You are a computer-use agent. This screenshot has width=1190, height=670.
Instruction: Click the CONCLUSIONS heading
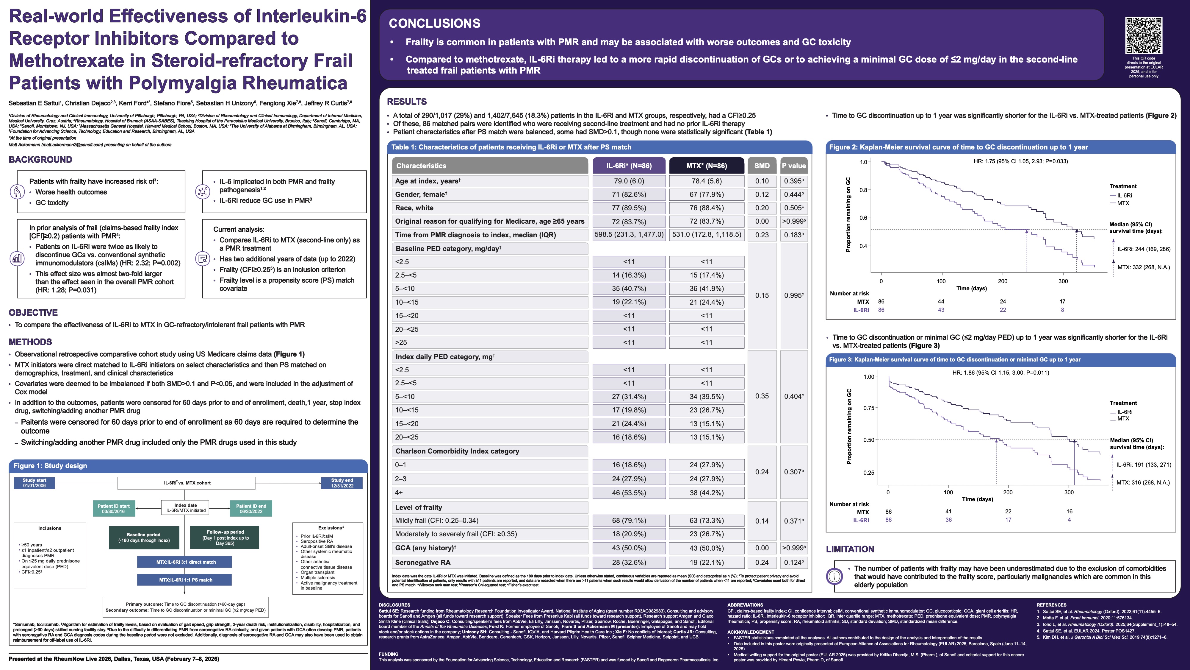pyautogui.click(x=434, y=23)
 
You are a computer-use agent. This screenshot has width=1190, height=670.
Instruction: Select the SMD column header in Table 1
pyautogui.click(x=762, y=166)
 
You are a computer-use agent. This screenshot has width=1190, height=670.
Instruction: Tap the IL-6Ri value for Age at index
pyautogui.click(x=629, y=181)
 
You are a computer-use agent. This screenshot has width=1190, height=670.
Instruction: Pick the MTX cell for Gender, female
pyautogui.click(x=706, y=194)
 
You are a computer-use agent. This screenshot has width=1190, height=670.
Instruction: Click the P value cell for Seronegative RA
pyautogui.click(x=794, y=562)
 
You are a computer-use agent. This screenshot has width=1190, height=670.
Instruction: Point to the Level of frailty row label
pyautogui.click(x=419, y=507)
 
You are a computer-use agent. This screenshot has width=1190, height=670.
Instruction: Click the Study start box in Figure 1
pyautogui.click(x=34, y=483)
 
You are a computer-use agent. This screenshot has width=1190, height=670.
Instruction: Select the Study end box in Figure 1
pyautogui.click(x=342, y=483)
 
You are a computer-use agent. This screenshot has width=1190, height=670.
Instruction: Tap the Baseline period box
pyautogui.click(x=144, y=537)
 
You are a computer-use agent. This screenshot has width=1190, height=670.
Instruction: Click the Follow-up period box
pyautogui.click(x=225, y=537)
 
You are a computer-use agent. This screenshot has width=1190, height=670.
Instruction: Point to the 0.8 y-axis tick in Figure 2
pyautogui.click(x=863, y=190)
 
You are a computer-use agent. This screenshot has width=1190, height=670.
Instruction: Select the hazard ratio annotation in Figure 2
pyautogui.click(x=1020, y=161)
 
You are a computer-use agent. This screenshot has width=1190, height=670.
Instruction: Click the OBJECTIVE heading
pyautogui.click(x=33, y=313)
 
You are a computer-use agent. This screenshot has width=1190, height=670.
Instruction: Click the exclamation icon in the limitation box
pyautogui.click(x=834, y=576)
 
